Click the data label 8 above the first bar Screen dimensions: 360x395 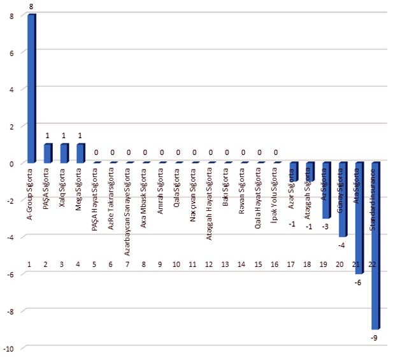click(x=31, y=6)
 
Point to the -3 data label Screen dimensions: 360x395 click(x=325, y=226)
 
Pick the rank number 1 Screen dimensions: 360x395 click(x=30, y=264)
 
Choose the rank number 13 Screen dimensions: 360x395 click(x=227, y=264)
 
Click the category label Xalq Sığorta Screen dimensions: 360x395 click(x=64, y=185)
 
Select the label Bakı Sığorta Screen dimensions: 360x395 click(x=227, y=186)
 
